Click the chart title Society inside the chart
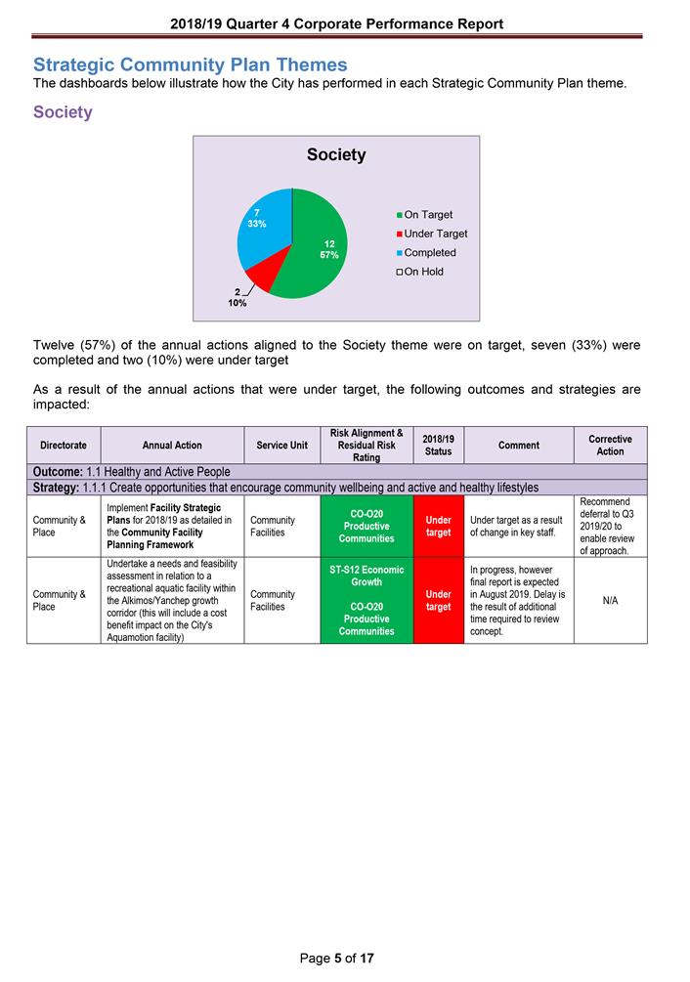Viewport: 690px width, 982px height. point(336,154)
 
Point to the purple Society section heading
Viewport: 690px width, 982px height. point(63,112)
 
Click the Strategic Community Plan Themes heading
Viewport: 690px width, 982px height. point(190,64)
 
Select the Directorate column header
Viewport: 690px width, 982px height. point(64,446)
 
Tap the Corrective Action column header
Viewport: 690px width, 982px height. point(610,446)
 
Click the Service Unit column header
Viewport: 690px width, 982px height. point(281,446)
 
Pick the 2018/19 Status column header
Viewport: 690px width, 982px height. point(438,446)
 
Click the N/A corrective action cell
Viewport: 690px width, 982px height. point(610,601)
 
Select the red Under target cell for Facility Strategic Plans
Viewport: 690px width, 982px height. point(438,527)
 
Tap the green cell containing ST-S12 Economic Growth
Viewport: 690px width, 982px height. point(367,576)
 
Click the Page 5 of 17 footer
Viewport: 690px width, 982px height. point(336,959)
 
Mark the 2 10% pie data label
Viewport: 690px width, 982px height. point(237,297)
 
